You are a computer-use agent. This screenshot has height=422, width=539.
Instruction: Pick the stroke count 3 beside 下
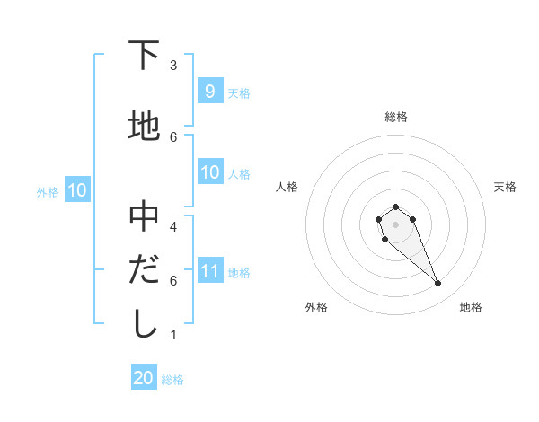click(173, 65)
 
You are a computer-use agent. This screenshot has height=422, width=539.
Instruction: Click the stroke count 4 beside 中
click(173, 226)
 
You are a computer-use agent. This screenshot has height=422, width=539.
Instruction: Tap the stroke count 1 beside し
click(173, 335)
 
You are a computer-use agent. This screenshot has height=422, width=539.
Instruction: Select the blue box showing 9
click(209, 92)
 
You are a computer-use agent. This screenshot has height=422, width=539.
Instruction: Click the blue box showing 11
click(209, 272)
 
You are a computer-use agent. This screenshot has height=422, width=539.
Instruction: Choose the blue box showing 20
click(144, 378)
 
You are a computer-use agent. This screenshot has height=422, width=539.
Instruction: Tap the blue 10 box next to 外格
click(76, 190)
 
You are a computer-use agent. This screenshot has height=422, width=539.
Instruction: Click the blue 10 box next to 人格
click(209, 173)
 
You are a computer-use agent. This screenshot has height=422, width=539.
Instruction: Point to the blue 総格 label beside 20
click(172, 380)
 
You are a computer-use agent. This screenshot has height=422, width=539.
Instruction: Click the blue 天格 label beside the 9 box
click(239, 92)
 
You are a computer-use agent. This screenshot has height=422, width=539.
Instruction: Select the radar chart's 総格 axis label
click(395, 117)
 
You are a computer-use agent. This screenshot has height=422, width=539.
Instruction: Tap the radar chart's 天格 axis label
click(505, 187)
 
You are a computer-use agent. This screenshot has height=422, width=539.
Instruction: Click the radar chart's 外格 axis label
click(316, 307)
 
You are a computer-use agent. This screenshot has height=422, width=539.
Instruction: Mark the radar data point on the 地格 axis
click(438, 284)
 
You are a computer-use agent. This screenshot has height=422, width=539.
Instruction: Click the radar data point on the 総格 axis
click(395, 207)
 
